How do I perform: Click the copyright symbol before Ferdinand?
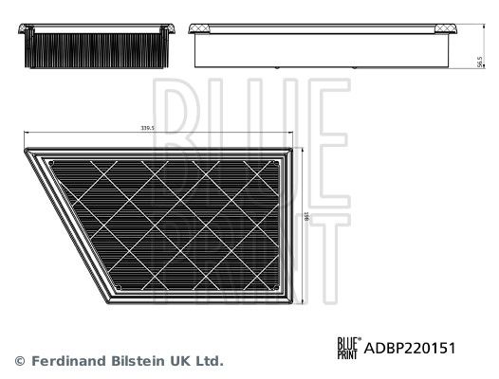[19, 361]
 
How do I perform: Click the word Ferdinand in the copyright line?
[64, 361]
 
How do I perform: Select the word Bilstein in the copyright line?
[134, 361]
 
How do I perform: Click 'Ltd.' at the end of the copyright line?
[210, 361]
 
